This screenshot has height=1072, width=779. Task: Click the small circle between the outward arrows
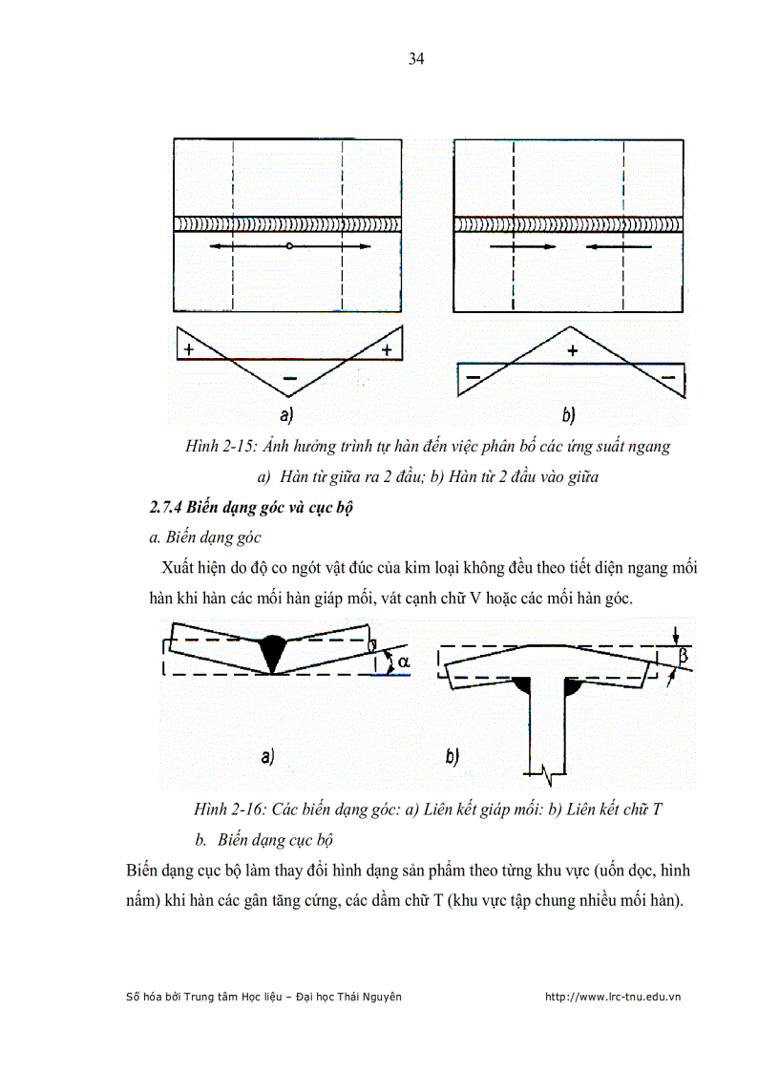288,246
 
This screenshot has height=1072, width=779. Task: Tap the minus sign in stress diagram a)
289,379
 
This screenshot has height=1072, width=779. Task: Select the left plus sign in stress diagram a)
189,349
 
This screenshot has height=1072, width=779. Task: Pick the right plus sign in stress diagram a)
387,349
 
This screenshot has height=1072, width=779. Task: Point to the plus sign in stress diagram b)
572,350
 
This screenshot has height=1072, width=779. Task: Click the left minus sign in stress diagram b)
472,378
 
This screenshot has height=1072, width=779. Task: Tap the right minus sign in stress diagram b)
668,378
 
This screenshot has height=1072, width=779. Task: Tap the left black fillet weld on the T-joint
522,684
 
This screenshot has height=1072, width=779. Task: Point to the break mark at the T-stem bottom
549,768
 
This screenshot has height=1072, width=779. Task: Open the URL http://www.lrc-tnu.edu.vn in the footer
611,997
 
